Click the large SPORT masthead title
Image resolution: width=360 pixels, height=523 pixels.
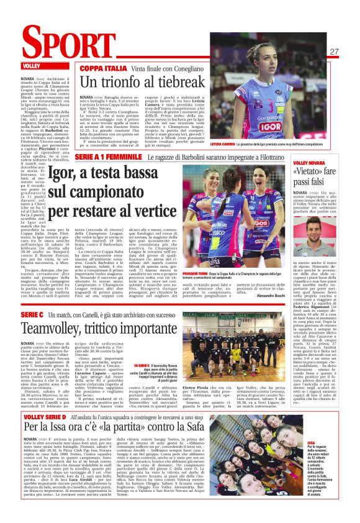(x=59, y=44)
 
